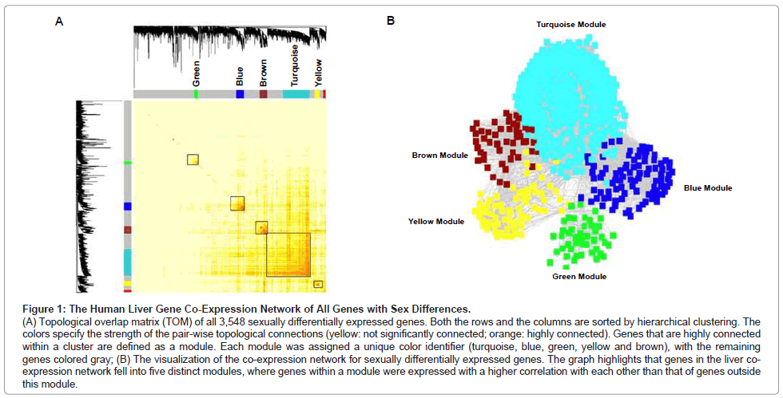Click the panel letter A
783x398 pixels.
59,22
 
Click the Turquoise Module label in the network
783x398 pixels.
570,25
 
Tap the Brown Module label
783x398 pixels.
439,155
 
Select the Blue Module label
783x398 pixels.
708,188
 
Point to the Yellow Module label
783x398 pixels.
435,221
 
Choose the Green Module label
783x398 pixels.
578,277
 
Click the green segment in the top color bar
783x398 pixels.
196,94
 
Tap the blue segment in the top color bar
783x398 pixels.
240,94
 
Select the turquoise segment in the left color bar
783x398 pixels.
127,262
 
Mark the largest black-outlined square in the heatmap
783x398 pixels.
288,254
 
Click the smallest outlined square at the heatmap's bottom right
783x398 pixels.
318,283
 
